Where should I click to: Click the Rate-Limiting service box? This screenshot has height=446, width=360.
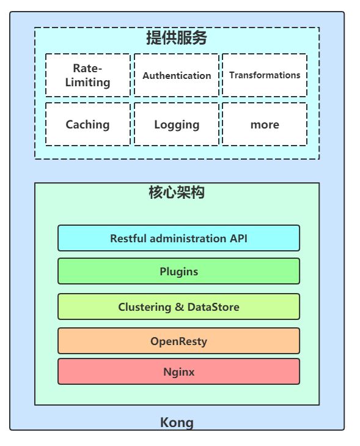coord(87,75)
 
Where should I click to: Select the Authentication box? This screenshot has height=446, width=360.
coord(177,75)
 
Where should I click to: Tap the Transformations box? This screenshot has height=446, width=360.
coord(265,75)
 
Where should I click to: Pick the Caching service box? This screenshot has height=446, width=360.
coord(87,124)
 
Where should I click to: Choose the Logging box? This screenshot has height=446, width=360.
coord(177,124)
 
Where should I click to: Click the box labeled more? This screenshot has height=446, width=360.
coord(265,124)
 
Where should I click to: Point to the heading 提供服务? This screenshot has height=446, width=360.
coord(177,38)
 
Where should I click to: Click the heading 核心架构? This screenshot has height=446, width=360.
coord(177,193)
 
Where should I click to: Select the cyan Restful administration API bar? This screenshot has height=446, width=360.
coord(178,238)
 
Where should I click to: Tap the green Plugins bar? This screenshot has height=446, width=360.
coord(178,271)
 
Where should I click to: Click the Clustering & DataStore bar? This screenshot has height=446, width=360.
coord(178,307)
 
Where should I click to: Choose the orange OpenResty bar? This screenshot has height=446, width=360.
coord(178,341)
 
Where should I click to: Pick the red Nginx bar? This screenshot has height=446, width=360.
coord(178,371)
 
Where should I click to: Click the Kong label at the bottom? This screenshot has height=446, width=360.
coord(177,422)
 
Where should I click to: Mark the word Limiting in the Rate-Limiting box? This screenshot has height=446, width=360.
coord(87,82)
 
